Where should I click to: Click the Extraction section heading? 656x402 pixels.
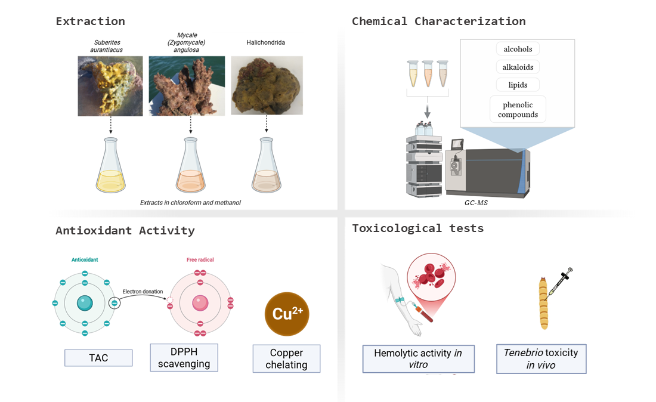pos(91,21)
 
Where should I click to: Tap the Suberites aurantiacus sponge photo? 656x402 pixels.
pos(110,86)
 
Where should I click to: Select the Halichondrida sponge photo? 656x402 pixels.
pos(267,85)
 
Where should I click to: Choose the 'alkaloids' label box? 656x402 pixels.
pos(518,67)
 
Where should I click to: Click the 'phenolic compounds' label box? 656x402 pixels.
pos(518,110)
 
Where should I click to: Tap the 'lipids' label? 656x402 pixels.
pos(518,85)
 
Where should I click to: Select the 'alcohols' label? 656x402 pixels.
pos(518,49)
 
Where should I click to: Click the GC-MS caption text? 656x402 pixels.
pos(476,203)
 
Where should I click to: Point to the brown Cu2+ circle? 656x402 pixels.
pos(287,314)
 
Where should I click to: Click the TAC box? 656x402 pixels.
pos(98,358)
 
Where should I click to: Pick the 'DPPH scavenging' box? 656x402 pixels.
pos(184,358)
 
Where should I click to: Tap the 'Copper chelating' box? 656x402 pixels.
pos(287,358)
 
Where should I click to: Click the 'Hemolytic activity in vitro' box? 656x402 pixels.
pos(419,359)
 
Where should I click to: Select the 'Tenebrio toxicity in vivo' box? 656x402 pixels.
pos(541,359)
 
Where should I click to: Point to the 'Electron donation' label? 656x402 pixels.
pos(143,292)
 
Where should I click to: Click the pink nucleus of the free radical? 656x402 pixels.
pos(200,303)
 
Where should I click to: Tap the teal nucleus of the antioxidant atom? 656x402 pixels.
pos(85,303)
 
